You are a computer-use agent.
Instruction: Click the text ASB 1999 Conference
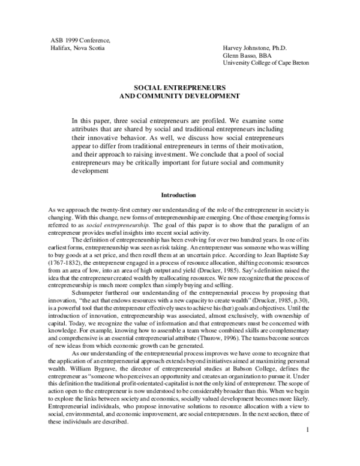click(x=80, y=40)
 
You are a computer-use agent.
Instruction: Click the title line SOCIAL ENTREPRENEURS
click(x=179, y=87)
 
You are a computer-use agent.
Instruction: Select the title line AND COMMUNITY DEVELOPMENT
click(x=179, y=95)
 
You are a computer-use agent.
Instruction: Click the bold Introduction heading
click(x=179, y=195)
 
